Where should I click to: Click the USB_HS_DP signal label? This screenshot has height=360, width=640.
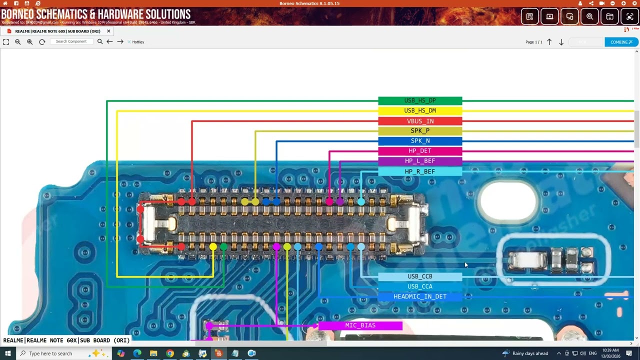[420, 100]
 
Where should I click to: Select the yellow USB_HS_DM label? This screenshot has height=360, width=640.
[420, 110]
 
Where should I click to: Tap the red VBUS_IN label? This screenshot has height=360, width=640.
[420, 121]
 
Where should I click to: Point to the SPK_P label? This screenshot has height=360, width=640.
[420, 131]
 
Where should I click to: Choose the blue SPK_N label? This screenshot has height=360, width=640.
[420, 141]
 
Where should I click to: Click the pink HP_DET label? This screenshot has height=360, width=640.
[420, 151]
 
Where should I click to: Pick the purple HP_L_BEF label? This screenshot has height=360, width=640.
[420, 161]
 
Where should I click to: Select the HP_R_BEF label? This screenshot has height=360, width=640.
[420, 171]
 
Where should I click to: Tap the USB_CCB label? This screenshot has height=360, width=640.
[420, 276]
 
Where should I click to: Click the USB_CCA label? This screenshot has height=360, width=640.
[420, 286]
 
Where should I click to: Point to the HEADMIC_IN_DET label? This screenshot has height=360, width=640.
[420, 296]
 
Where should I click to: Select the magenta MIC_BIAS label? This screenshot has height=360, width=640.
[360, 325]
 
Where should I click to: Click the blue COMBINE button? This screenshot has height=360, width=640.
[621, 42]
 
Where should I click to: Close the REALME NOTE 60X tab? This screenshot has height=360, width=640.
[108, 31]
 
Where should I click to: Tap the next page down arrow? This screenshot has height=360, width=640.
[561, 42]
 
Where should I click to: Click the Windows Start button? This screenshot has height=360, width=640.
[7, 353]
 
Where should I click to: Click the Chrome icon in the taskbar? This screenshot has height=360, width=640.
[170, 353]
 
